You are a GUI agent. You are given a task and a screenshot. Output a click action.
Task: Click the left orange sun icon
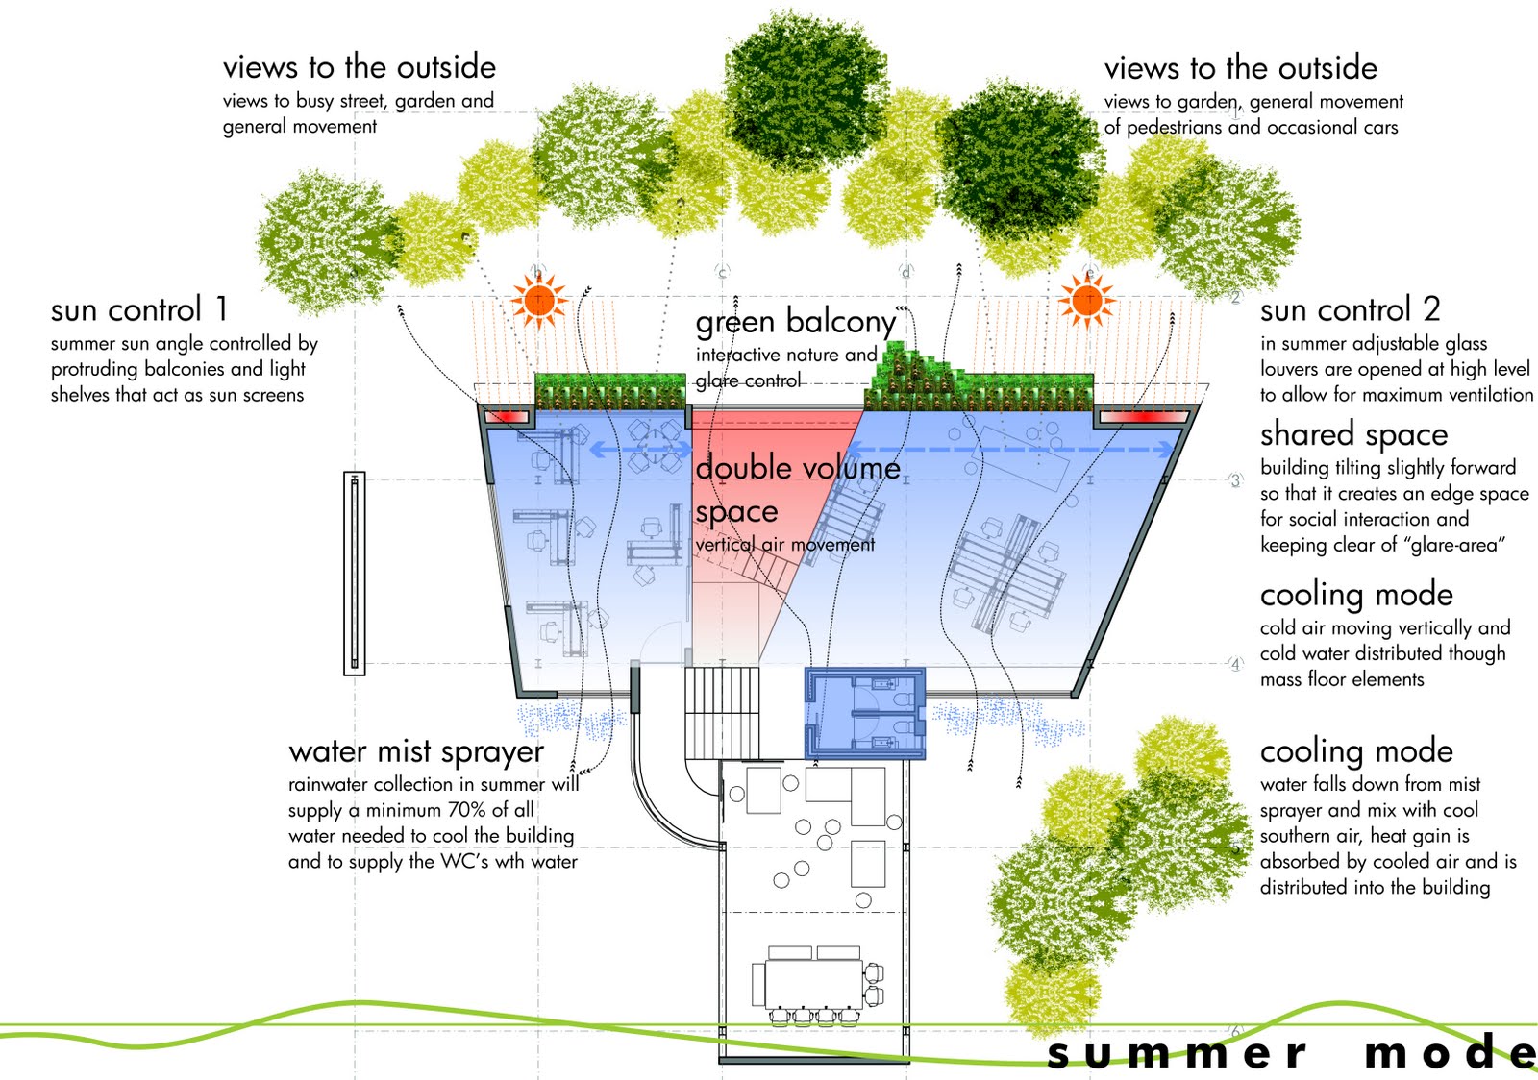(x=538, y=300)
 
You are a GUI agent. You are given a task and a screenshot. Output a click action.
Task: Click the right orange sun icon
(x=1087, y=300)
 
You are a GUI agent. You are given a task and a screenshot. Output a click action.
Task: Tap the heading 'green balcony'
(x=795, y=321)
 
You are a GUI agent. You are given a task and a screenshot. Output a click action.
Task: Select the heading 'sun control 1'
(x=139, y=310)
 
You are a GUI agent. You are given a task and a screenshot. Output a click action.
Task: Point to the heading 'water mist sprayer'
(x=415, y=751)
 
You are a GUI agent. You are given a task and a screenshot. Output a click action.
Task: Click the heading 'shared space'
(x=1353, y=434)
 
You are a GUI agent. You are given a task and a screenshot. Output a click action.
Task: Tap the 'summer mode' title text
(x=1288, y=1053)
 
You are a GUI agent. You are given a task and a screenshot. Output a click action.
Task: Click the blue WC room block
(x=864, y=714)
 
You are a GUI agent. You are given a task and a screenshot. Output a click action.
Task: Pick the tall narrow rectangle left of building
(x=355, y=574)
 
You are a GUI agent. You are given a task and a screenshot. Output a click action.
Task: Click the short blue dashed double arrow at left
(x=639, y=449)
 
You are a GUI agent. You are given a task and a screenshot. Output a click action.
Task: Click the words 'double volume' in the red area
(x=798, y=469)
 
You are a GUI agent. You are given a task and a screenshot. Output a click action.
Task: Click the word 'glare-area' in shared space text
(x=1453, y=545)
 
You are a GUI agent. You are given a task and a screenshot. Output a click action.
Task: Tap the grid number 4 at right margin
(x=1236, y=664)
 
